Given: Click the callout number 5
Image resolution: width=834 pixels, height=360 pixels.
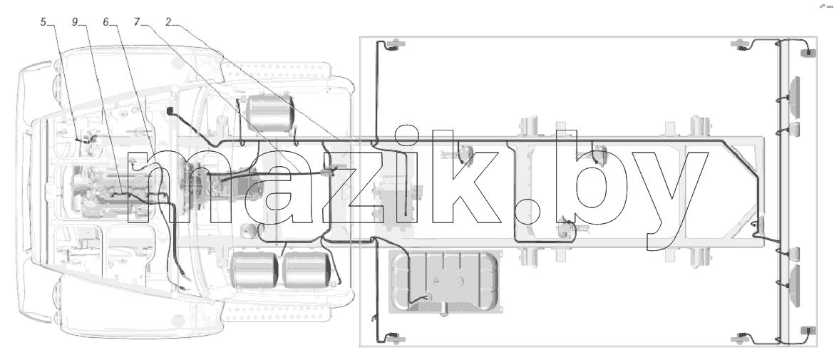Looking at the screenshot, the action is coord(43,22).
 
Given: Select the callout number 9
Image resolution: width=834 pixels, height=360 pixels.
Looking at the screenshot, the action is coord(75,22).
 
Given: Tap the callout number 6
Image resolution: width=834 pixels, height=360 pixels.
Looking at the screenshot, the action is coord(105,22).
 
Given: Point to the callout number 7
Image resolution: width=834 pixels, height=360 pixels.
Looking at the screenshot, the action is coord(138,22).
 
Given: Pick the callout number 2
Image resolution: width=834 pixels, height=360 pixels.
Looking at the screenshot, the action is coord(168,22).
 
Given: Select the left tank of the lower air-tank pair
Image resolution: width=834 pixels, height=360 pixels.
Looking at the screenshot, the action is coord(254,270).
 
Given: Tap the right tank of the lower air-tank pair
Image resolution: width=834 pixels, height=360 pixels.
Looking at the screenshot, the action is coord(307,270).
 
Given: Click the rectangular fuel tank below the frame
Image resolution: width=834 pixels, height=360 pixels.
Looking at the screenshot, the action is coord(446,282).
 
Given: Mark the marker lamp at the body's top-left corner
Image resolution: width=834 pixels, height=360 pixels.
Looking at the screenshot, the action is coord(395,45).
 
